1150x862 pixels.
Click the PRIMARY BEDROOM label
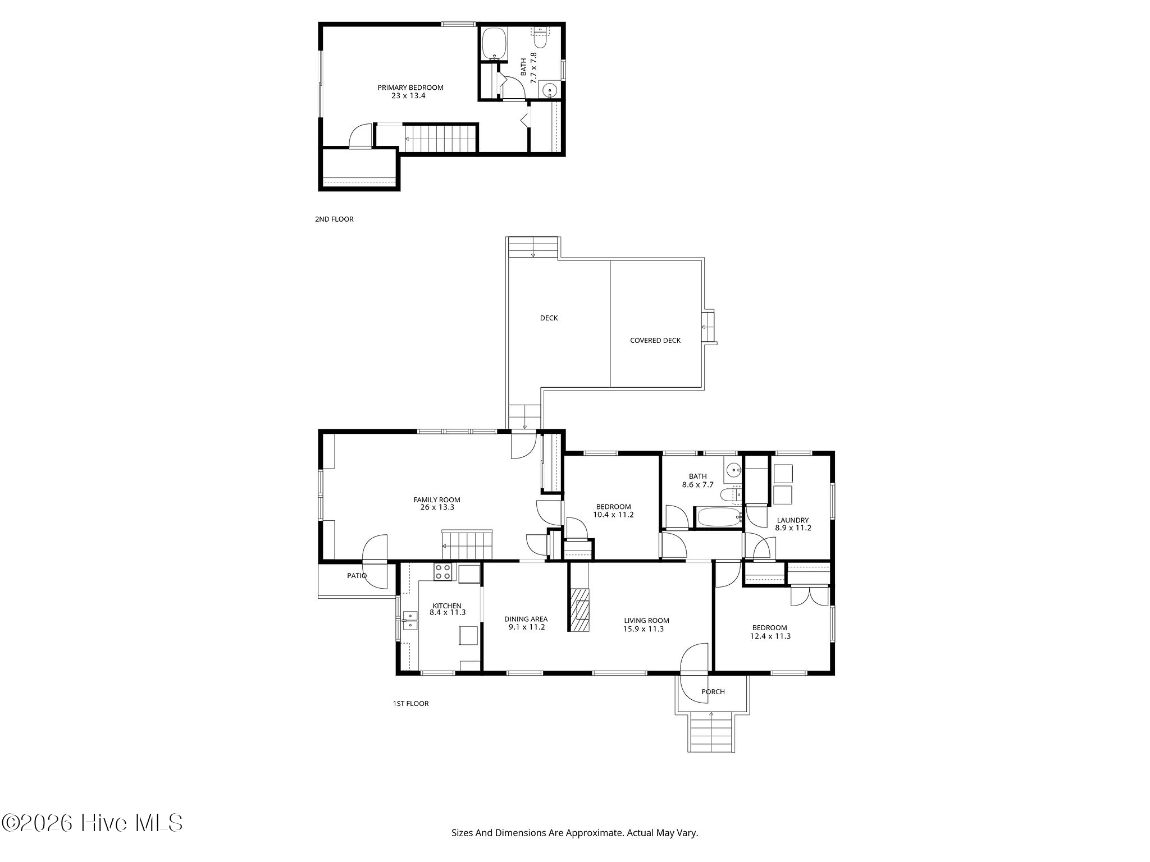410,88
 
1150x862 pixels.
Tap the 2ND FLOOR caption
334,219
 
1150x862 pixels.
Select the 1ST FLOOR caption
410,704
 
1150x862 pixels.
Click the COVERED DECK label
655,341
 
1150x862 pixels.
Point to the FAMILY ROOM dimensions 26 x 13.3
437,507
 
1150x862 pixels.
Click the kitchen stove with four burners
442,572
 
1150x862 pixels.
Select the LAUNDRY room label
793,520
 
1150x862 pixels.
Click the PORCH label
713,692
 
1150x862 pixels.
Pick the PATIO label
357,576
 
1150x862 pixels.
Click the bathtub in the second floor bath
495,43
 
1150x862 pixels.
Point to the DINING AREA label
526,620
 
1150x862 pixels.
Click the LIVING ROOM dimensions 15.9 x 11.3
644,629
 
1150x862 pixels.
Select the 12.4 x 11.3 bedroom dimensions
770,636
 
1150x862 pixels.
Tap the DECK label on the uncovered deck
549,318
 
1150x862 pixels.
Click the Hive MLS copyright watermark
92,823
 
